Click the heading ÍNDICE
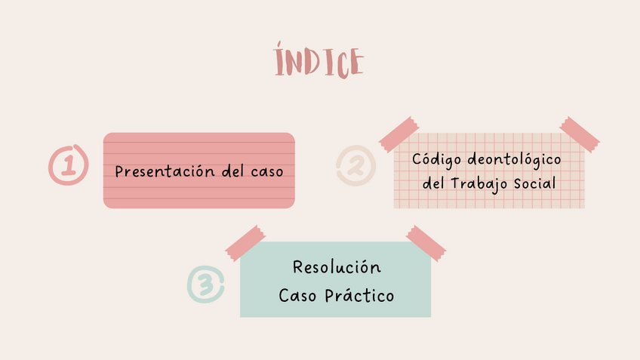coord(319,62)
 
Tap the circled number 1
coord(68,164)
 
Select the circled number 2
coord(355,165)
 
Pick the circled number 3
coord(206,285)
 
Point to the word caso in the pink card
coord(267,171)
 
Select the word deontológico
coord(515,160)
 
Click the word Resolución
coord(337,267)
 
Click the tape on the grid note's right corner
coord(580,134)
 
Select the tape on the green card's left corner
coord(246,242)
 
